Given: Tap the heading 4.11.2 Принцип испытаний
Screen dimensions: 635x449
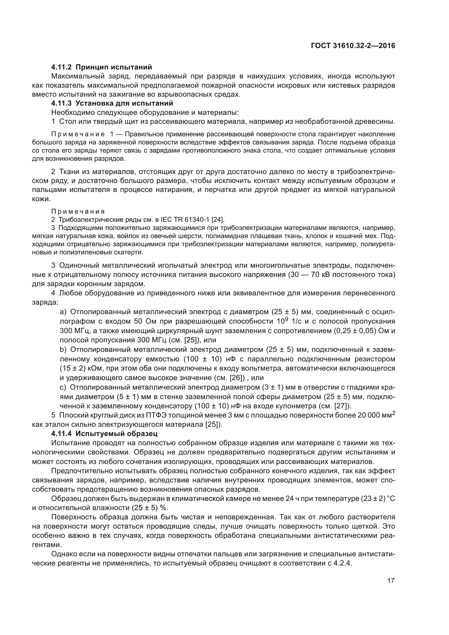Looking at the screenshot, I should [102, 67].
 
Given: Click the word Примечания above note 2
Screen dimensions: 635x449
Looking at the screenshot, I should [78, 211].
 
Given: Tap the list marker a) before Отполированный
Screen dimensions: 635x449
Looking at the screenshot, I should [63, 312].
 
